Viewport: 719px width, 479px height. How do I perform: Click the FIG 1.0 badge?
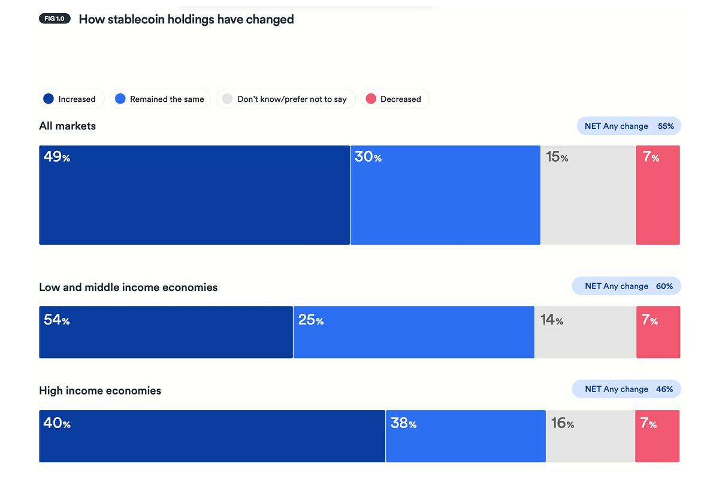pos(55,19)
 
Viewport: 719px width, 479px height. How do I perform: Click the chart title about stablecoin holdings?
pos(186,19)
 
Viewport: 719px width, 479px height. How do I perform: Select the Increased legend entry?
pos(71,99)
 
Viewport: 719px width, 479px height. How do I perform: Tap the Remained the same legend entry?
pos(160,99)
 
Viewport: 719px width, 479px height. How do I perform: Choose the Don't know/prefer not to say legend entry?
pos(285,99)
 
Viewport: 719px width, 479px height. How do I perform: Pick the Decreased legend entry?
pos(394,99)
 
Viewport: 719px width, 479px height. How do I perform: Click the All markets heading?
pos(67,126)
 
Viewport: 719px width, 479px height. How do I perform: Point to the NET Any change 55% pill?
pos(629,126)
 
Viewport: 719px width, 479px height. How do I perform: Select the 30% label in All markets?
pos(368,157)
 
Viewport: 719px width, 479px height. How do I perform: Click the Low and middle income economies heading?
pos(128,287)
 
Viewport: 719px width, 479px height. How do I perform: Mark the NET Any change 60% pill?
pos(627,286)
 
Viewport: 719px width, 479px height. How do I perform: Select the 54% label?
pos(56,320)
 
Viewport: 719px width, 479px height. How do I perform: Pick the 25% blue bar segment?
pos(413,332)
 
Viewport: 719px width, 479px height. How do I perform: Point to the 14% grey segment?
pos(585,332)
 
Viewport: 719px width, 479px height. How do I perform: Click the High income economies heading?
pos(100,391)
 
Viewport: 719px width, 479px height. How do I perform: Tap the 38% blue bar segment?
pos(466,436)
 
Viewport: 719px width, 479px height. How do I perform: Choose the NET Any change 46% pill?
pos(627,389)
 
